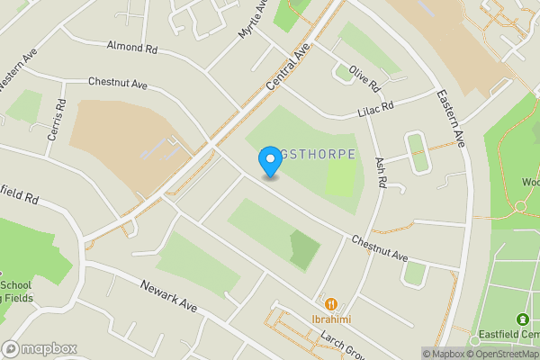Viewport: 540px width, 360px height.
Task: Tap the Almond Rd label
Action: [x=131, y=45]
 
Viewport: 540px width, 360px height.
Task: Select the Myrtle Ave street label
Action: [x=253, y=19]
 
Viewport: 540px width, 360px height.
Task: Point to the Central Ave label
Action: [x=288, y=66]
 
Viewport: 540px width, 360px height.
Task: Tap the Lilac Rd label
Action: [x=375, y=108]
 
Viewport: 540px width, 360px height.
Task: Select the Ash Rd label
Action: [x=381, y=169]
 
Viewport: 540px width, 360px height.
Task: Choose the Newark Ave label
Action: [x=168, y=295]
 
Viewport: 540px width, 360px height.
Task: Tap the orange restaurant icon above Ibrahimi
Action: [x=330, y=305]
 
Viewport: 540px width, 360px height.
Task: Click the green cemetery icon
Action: [x=523, y=319]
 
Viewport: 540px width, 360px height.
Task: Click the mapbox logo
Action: [x=39, y=348]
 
